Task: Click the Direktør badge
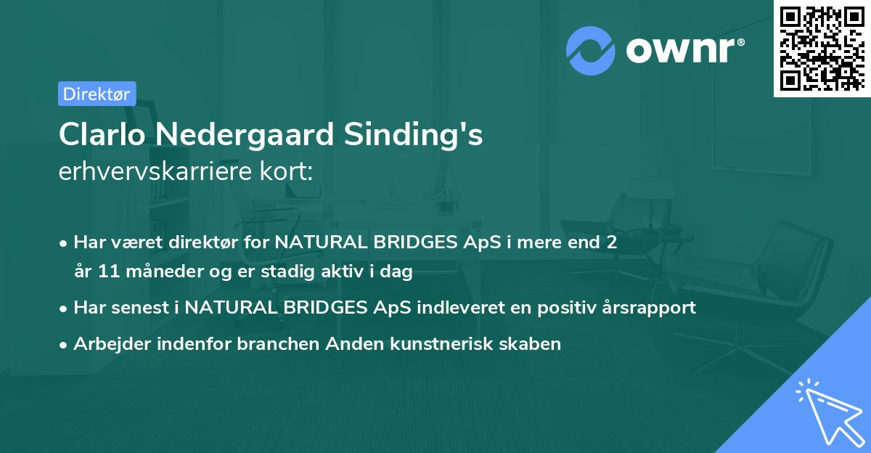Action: pyautogui.click(x=97, y=94)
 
